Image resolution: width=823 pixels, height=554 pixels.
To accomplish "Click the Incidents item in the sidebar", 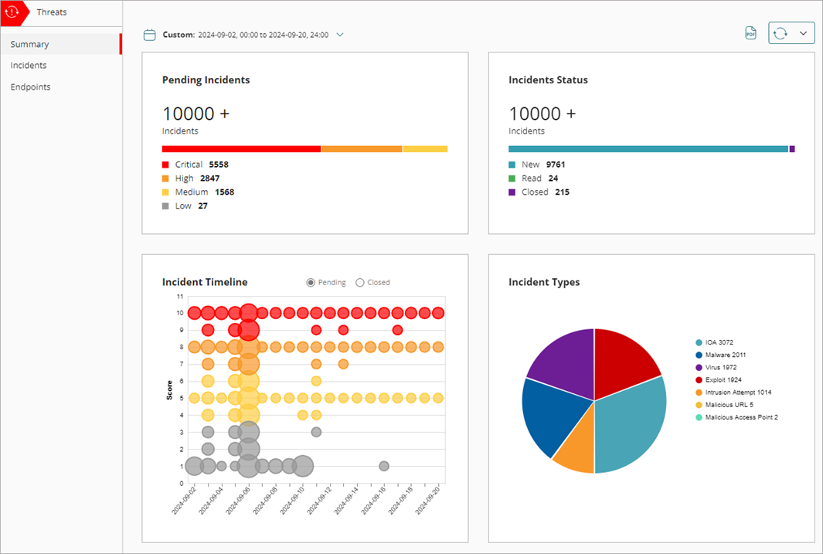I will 29,66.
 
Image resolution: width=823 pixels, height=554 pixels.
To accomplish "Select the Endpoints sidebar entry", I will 31,87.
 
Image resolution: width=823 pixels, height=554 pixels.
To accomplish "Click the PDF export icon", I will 750,33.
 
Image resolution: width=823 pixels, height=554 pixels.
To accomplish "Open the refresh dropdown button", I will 791,33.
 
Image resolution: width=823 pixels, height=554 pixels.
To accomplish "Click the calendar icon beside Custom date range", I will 150,35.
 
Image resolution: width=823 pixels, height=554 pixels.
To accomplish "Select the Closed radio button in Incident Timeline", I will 360,283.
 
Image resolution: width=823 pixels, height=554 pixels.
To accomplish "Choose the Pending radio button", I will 311,283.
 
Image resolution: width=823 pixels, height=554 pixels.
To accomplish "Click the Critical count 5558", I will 219,165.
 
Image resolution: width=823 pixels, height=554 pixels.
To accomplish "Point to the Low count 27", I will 202,206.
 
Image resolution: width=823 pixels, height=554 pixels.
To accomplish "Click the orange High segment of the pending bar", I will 361,148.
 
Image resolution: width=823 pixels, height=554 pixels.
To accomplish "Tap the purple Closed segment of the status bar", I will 792,148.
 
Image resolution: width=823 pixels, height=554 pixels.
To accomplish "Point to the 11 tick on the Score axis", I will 179,296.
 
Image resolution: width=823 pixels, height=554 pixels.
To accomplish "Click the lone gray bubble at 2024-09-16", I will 384,466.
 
